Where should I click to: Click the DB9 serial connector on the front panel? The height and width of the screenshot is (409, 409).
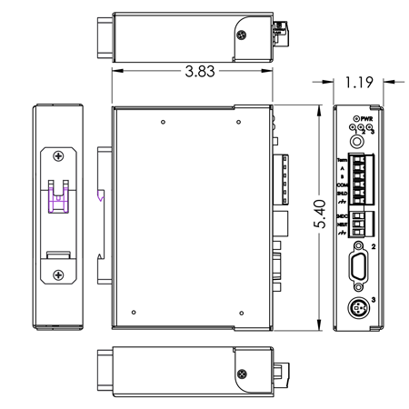click(x=361, y=270)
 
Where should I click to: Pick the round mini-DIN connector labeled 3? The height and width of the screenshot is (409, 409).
click(x=361, y=308)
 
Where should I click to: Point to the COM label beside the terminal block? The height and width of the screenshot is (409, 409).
click(x=344, y=185)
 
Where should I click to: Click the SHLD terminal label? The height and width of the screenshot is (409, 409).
click(x=344, y=194)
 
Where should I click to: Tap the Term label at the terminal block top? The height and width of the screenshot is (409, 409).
click(x=344, y=160)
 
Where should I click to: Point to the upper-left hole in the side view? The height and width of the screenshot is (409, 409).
click(x=161, y=121)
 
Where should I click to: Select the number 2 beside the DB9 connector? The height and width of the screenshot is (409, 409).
click(x=374, y=246)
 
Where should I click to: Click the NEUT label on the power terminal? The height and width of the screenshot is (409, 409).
click(x=344, y=224)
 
